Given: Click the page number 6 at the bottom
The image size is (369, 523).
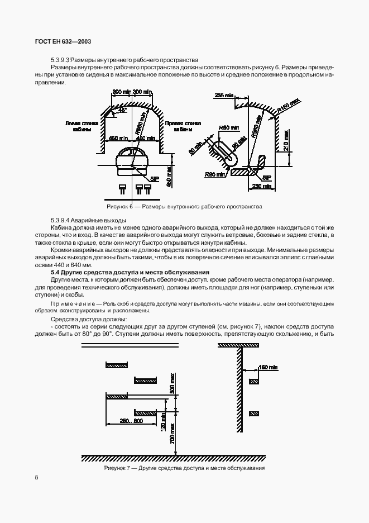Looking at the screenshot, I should pos(36,477).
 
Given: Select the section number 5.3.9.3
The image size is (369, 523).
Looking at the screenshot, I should pos(61,60).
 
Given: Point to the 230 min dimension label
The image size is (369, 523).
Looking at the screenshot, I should pos(260,186).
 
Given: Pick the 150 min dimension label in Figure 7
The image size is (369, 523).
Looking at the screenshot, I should pos(268,367).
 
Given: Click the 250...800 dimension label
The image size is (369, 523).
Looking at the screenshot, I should pos(131,420).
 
